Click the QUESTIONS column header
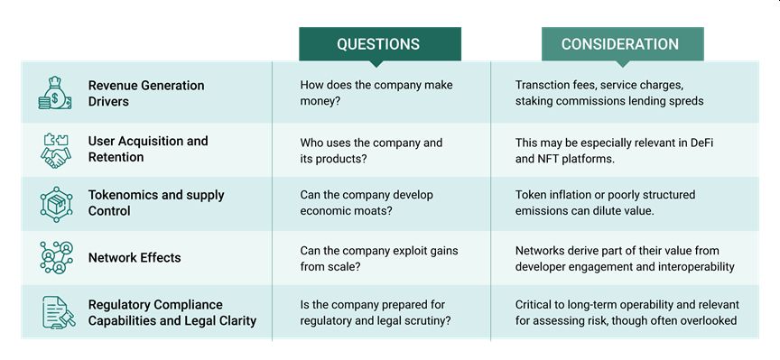379,44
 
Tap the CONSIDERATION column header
622,44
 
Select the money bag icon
55,93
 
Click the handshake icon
55,150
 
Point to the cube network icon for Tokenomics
56,204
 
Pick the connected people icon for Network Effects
56,257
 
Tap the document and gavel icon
58,312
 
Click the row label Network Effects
135,257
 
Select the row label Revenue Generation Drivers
146,93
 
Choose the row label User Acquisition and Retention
148,149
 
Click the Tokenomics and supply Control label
156,203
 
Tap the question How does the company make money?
376,93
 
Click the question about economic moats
367,202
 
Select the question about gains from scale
379,258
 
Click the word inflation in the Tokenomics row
566,194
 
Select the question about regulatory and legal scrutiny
376,312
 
